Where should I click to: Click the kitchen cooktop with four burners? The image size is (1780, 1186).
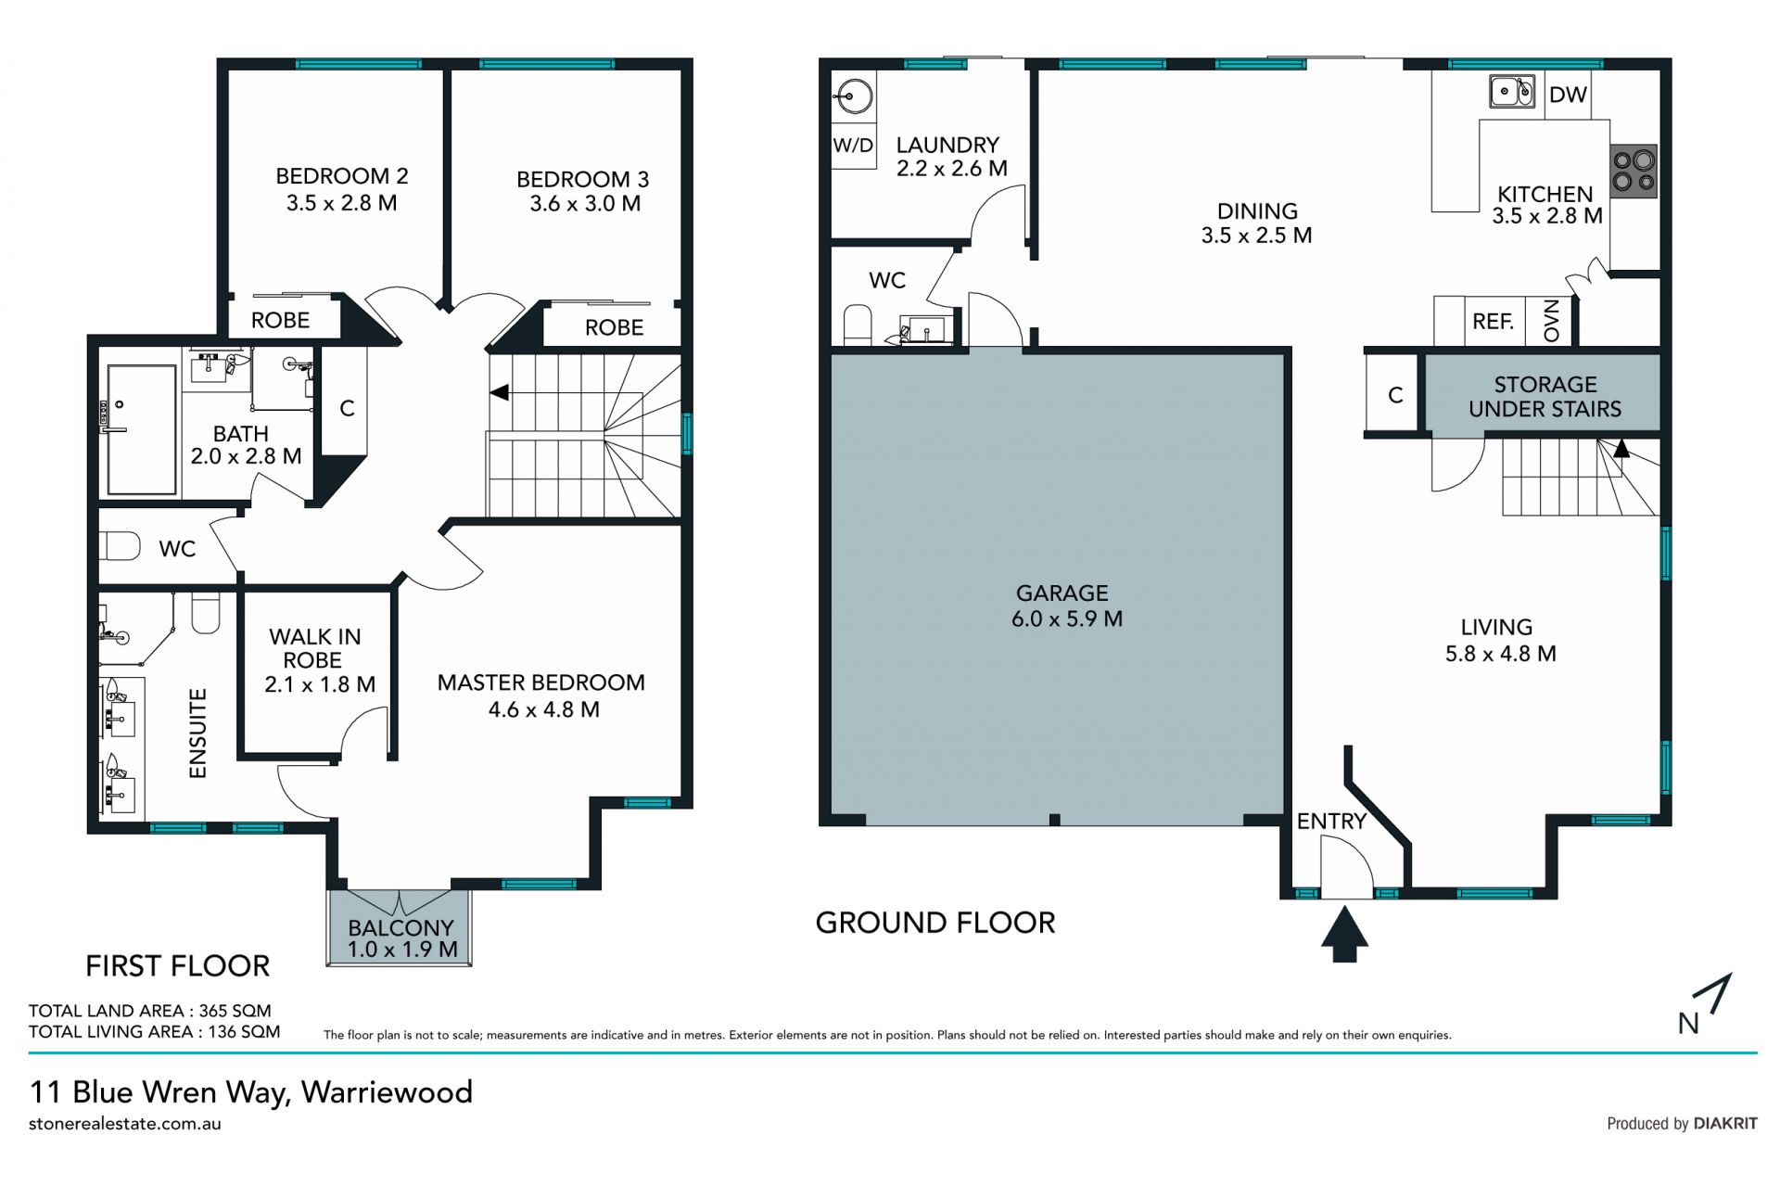(1634, 172)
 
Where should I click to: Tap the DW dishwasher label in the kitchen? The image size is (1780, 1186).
(1568, 95)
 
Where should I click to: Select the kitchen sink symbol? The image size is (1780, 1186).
(1512, 92)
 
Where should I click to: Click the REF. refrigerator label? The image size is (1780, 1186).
(1493, 322)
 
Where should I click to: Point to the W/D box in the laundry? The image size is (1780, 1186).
(853, 146)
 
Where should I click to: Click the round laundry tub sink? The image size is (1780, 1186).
(853, 96)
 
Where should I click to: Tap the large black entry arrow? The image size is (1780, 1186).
(1344, 934)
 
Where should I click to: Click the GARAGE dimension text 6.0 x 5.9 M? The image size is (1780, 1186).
(1067, 619)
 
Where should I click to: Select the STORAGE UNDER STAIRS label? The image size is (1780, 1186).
(1545, 397)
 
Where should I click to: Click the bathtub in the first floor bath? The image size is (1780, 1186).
(142, 429)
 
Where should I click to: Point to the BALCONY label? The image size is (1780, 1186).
(400, 927)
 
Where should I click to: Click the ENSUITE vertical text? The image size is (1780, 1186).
(197, 733)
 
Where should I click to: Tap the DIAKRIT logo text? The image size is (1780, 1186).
(1725, 1124)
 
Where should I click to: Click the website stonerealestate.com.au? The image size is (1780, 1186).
(125, 1124)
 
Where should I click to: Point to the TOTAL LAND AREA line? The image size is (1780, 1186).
(150, 1011)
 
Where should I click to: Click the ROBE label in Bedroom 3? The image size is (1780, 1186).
(614, 327)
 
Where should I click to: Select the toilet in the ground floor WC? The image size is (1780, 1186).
(858, 326)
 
